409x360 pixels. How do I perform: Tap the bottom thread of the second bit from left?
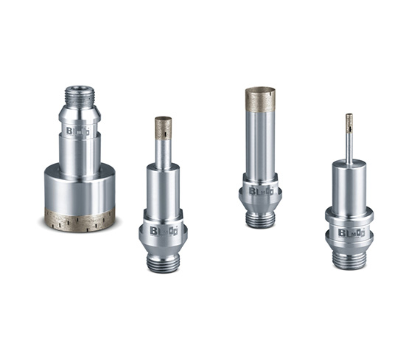point(163,262)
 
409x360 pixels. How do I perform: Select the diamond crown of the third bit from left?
point(260,99)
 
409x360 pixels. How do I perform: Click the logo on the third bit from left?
point(260,190)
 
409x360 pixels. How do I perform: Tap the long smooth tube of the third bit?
point(260,144)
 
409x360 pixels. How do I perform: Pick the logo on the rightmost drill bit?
point(349,232)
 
